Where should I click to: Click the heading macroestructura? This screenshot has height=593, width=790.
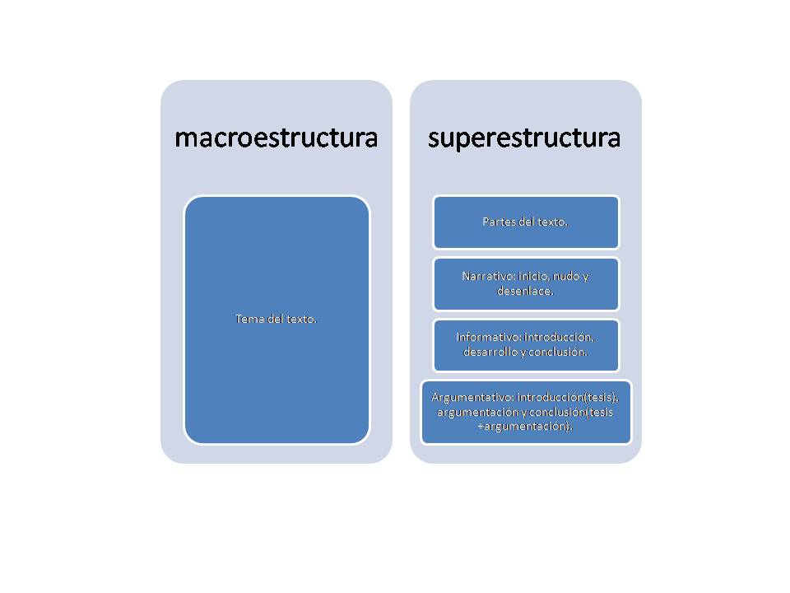pyautogui.click(x=276, y=138)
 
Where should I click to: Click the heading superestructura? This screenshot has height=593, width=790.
pyautogui.click(x=524, y=138)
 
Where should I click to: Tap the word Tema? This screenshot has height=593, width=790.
pyautogui.click(x=249, y=319)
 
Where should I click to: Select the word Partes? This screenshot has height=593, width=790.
pyautogui.click(x=499, y=222)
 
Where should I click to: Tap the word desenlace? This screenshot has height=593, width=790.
pyautogui.click(x=523, y=291)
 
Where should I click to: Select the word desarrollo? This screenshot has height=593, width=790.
pyautogui.click(x=491, y=352)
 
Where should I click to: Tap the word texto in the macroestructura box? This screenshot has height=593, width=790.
pyautogui.click(x=300, y=319)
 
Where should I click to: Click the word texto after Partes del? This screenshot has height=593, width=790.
pyautogui.click(x=551, y=222)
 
